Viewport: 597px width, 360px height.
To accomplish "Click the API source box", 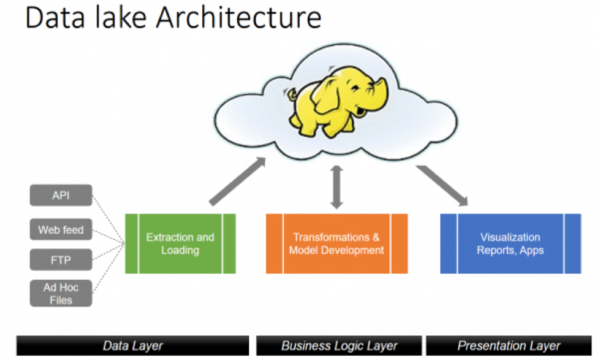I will [61, 196].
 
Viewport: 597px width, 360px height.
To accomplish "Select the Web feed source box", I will [61, 230].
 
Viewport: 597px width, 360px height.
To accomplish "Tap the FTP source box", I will [61, 260].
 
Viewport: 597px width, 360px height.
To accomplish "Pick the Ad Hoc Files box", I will [61, 293].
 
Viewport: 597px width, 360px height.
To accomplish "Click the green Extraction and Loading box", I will [180, 243].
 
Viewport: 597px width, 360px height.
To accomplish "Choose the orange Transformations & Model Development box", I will [337, 243].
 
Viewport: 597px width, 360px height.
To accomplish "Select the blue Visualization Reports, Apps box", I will [510, 243].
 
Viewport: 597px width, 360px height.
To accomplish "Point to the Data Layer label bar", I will [132, 345].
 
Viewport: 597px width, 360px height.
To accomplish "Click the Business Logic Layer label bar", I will [339, 345].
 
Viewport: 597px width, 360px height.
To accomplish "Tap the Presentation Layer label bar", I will [509, 345].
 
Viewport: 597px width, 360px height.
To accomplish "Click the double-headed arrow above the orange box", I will [337, 186].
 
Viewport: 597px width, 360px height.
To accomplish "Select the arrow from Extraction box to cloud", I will [237, 180].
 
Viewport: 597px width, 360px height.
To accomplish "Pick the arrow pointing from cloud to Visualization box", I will [443, 182].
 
